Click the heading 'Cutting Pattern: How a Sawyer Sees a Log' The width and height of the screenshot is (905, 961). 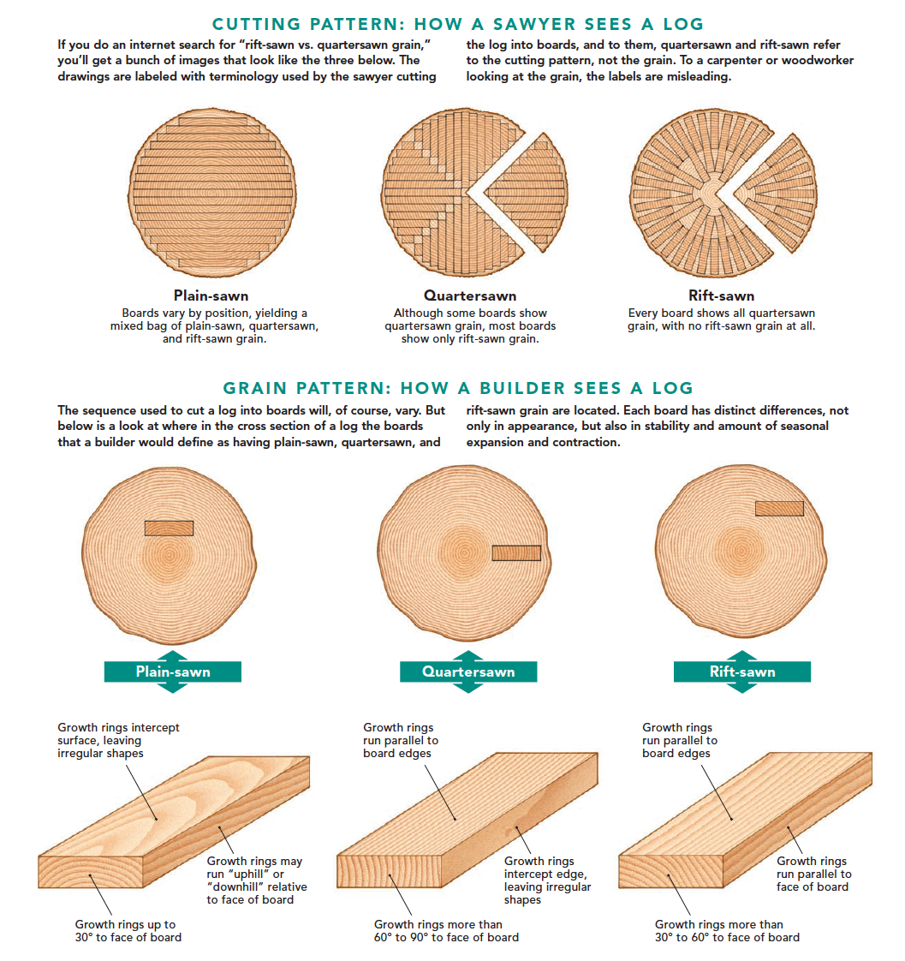point(458,24)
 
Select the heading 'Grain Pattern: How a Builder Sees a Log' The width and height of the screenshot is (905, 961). point(458,388)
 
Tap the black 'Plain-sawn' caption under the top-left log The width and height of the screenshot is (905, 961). point(211,295)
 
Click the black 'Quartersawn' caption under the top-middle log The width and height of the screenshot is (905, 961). point(470,295)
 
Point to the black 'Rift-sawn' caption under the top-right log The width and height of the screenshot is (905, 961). point(721,295)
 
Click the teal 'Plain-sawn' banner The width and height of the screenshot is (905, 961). point(173,672)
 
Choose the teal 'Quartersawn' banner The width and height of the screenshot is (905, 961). point(468,672)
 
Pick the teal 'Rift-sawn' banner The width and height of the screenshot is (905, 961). point(742,672)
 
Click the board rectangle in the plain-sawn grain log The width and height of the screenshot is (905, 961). point(170,528)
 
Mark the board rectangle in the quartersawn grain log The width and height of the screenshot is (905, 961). point(516,552)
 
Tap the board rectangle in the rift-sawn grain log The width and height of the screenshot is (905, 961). point(779,508)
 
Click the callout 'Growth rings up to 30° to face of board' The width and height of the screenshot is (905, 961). point(128,930)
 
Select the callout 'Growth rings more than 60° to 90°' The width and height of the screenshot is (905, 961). point(446,930)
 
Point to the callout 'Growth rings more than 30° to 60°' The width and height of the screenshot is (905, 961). point(727,930)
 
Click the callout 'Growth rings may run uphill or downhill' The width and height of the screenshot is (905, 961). point(257,880)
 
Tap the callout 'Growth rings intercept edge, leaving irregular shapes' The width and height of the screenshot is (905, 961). point(548,880)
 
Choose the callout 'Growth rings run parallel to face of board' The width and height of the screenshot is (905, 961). point(813,874)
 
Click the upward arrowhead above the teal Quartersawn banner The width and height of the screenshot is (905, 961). point(468,656)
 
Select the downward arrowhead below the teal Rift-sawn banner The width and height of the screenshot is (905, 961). point(742,688)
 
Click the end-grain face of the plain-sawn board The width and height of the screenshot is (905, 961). point(91,872)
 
